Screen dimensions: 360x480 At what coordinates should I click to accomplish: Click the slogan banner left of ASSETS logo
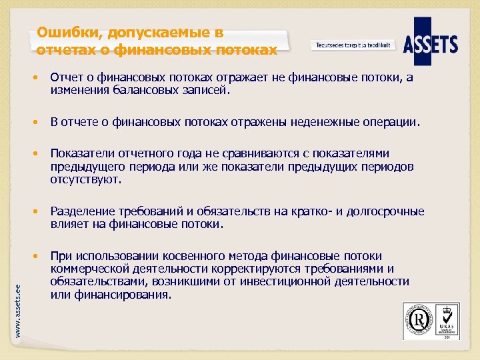pos(353,45)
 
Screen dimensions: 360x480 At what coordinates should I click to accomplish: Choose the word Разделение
pos(84,211)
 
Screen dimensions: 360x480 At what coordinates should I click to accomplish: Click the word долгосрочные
pos(384,211)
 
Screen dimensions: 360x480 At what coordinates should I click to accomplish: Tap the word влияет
pos(68,224)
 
